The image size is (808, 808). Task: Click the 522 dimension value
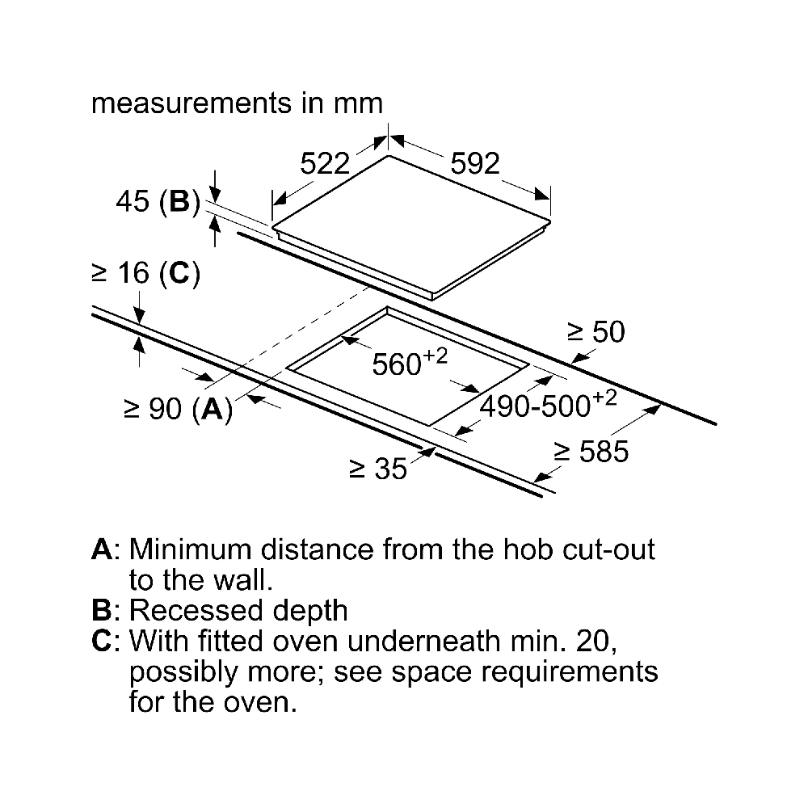pos(325,164)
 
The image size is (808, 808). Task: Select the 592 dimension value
pos(475,164)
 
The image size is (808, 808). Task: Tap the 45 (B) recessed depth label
pos(158,201)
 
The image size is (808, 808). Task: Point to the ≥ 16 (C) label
pos(145,273)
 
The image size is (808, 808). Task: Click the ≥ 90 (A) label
pos(179,410)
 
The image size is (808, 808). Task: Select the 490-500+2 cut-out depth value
pos(549,404)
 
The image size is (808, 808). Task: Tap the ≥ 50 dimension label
pos(596,331)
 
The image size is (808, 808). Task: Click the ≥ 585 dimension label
pos(591,452)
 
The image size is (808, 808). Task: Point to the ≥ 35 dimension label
pos(378,469)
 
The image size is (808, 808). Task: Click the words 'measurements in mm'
pos(237,103)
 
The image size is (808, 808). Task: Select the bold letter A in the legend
pos(102,549)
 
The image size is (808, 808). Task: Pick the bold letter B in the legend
pos(101,611)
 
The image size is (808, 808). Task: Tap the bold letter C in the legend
pos(102,641)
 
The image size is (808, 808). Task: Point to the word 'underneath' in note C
pos(423,641)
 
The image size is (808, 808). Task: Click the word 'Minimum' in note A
pos(191,549)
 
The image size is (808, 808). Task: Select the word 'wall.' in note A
pos(242,579)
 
